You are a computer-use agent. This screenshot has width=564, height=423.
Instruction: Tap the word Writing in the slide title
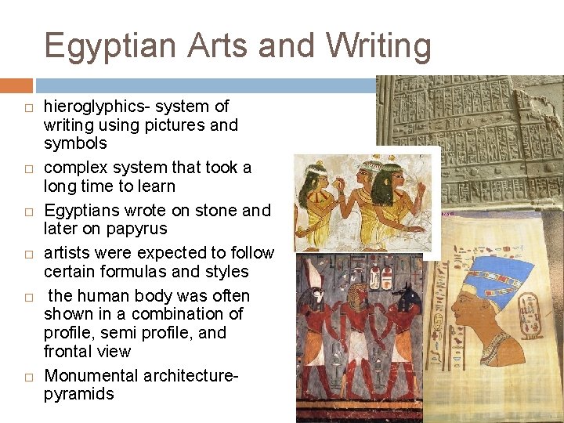click(378, 46)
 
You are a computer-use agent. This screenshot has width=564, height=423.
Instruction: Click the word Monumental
click(91, 376)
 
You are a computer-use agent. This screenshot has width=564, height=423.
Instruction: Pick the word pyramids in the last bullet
click(78, 394)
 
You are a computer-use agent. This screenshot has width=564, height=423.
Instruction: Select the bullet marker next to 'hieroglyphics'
click(27, 107)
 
